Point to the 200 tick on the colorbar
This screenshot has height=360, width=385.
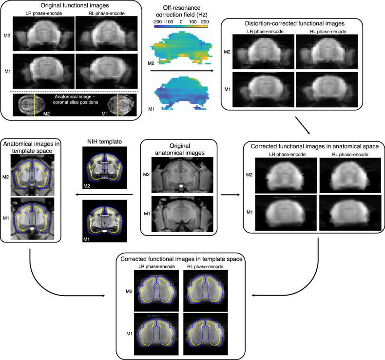204,22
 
